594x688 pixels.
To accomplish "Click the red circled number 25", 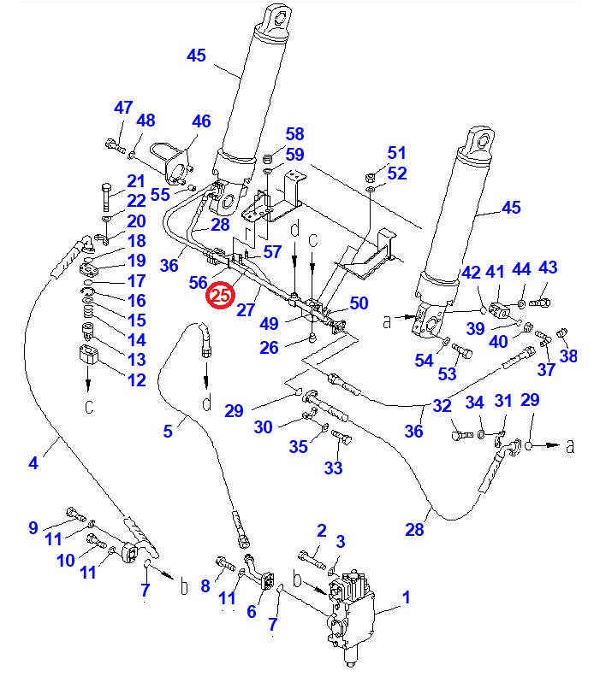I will click(x=220, y=296).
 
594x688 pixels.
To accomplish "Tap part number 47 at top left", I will click(x=124, y=108).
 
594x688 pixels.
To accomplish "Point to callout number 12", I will click(x=136, y=380).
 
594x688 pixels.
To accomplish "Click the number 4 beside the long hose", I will click(x=33, y=463).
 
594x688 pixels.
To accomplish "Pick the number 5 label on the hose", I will click(x=168, y=432).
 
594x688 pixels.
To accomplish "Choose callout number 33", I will click(x=333, y=467).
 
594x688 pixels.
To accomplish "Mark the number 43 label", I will click(x=548, y=268).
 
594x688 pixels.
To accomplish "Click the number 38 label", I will click(x=568, y=356).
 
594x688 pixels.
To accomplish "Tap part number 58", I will click(x=294, y=134).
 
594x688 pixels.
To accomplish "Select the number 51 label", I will click(x=396, y=153).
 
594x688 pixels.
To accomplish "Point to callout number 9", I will click(x=33, y=527).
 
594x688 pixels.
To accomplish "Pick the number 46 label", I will click(x=201, y=121).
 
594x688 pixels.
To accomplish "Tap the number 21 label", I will click(x=136, y=181).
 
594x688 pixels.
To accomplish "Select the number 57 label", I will click(x=271, y=252).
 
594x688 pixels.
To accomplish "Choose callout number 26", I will click(x=270, y=347).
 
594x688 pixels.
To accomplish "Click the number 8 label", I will click(x=205, y=585).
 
